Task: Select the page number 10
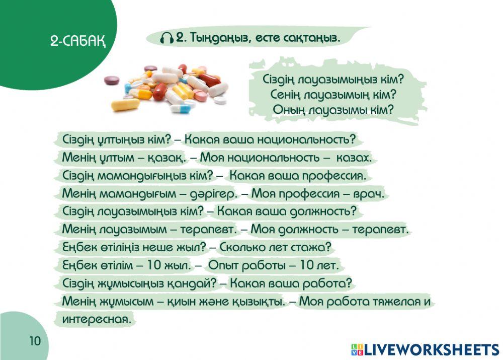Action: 34,341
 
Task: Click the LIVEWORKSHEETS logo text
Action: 430,349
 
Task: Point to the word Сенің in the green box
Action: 289,94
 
